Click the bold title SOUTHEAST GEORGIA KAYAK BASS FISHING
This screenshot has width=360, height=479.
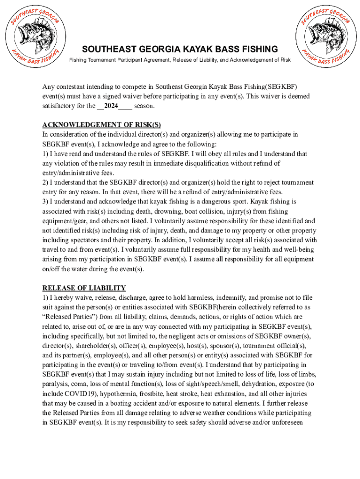[180, 49]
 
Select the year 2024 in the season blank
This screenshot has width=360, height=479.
[111, 106]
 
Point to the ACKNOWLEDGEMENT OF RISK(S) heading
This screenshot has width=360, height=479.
[101, 125]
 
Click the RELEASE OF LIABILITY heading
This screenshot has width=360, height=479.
[84, 288]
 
